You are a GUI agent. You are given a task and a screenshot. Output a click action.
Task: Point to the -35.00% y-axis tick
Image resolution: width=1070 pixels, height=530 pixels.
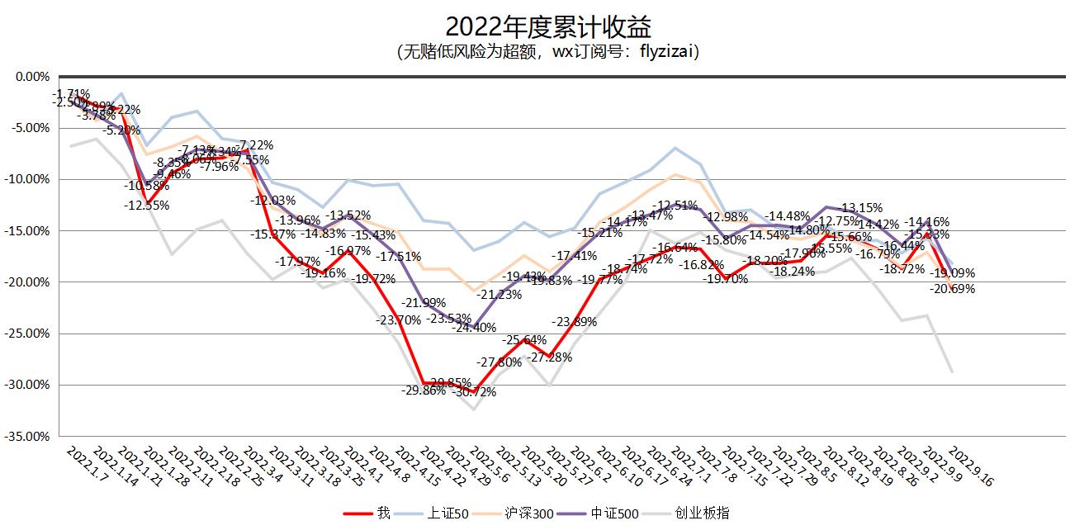click(x=28, y=436)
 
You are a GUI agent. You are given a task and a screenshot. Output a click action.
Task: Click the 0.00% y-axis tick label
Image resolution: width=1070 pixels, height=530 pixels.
click(x=33, y=77)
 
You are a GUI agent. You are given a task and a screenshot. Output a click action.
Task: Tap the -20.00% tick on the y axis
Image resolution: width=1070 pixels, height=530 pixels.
click(x=28, y=282)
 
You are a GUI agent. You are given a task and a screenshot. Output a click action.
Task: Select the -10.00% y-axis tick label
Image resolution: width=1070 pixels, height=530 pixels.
click(x=28, y=179)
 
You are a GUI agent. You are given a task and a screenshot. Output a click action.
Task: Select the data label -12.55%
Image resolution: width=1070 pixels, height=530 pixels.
click(x=147, y=205)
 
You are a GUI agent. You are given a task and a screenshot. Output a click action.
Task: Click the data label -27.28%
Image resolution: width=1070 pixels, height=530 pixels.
click(x=550, y=357)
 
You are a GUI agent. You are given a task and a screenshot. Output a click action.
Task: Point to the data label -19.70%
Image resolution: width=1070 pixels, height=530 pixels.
click(x=726, y=279)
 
